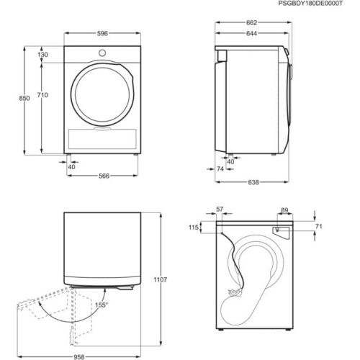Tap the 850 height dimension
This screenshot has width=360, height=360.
tap(24, 99)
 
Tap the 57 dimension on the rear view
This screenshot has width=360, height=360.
tap(220, 210)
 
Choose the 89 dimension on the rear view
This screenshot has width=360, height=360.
tap(284, 210)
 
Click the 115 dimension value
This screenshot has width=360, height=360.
tap(194, 228)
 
